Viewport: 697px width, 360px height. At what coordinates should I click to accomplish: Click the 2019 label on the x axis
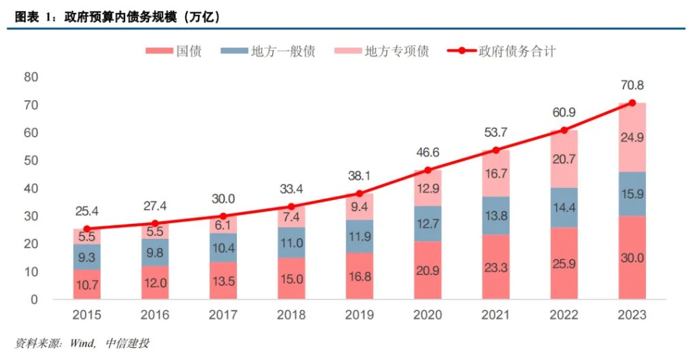click(x=359, y=315)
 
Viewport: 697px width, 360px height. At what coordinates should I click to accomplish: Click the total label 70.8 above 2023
click(x=632, y=86)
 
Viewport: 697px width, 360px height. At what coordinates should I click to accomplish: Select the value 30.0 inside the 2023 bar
click(x=632, y=257)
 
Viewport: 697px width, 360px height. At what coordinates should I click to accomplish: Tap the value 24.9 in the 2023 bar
click(x=632, y=137)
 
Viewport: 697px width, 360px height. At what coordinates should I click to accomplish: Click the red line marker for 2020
click(x=428, y=170)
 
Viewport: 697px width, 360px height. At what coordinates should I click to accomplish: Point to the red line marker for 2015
click(x=87, y=229)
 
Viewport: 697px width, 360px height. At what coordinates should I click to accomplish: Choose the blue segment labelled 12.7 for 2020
click(x=428, y=223)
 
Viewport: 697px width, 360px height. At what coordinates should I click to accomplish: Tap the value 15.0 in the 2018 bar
click(x=291, y=278)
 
